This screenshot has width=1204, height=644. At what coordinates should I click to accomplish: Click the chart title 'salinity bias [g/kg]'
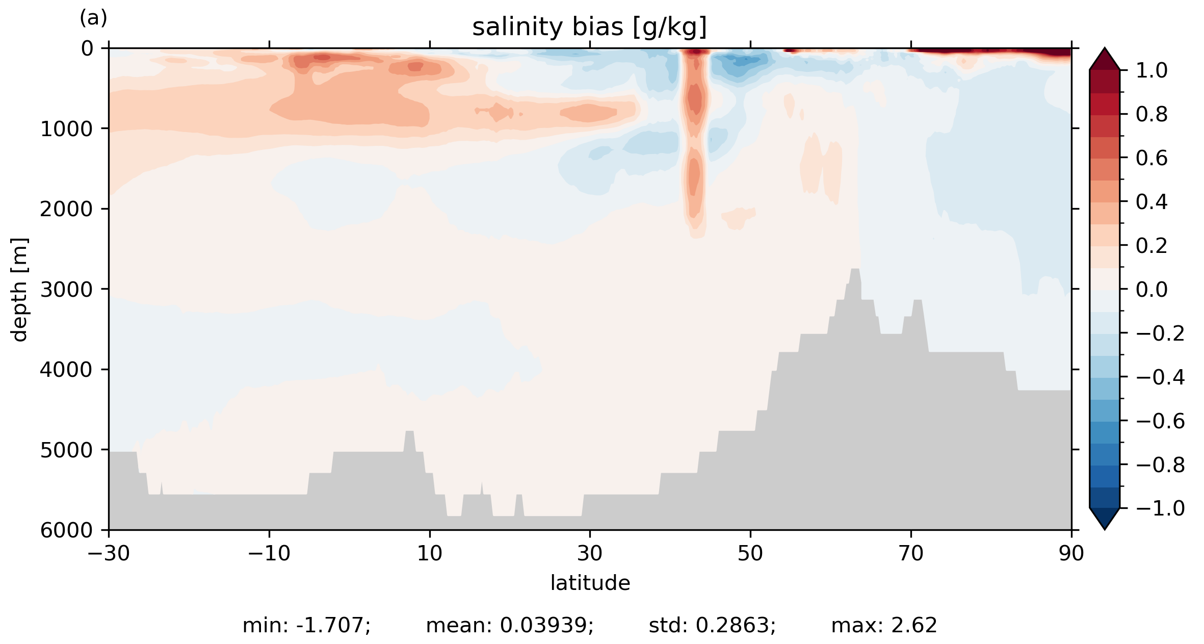589,27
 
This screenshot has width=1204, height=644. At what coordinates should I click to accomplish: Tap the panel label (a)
93,18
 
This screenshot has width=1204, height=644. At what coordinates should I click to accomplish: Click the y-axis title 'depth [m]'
19,289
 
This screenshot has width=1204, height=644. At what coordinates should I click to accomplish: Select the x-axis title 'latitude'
590,583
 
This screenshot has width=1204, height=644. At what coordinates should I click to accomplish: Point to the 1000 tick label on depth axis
66,130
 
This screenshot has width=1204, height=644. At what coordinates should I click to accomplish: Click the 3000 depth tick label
66,290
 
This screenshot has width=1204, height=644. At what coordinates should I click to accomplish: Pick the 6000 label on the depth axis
66,531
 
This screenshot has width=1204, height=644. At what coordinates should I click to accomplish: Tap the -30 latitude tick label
109,553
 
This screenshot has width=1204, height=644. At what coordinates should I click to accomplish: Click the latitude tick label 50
750,553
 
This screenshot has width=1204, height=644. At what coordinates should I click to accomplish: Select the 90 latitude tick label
1071,553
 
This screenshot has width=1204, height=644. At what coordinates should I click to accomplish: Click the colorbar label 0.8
1151,115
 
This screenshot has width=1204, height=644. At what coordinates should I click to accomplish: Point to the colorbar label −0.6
1160,421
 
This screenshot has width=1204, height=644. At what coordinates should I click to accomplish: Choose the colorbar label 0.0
1151,290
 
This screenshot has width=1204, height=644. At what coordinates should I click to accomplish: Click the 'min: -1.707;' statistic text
306,626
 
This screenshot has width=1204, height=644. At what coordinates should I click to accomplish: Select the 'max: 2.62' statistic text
884,626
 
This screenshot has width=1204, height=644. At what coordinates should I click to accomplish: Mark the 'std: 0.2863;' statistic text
712,626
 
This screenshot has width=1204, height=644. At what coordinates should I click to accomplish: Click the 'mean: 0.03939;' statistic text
510,626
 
